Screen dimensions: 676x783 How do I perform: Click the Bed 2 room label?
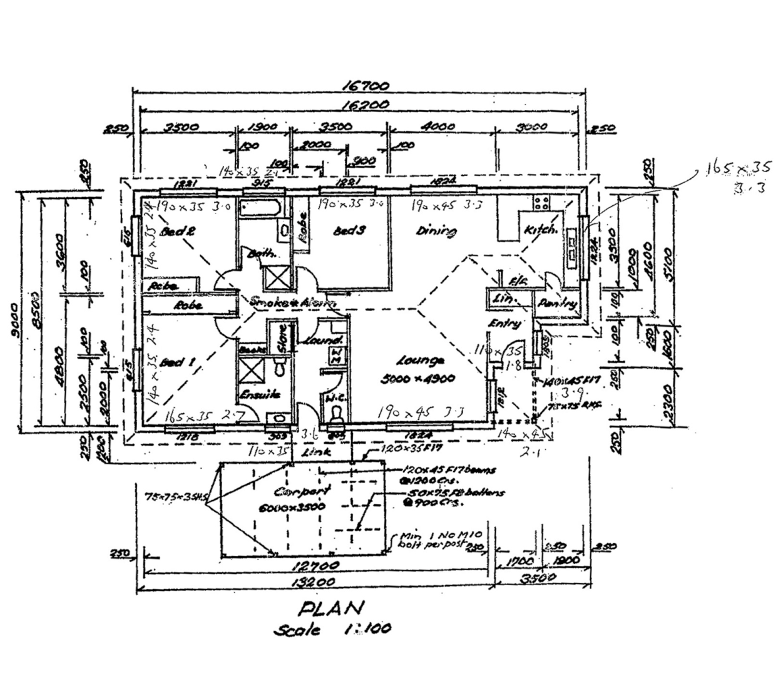(x=178, y=231)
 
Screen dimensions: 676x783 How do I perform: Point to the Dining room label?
(x=436, y=230)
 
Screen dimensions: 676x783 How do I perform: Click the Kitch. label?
(x=540, y=230)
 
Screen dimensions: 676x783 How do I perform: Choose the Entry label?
(x=504, y=323)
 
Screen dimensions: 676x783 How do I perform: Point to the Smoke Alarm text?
(x=292, y=302)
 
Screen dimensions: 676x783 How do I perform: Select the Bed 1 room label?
(x=177, y=362)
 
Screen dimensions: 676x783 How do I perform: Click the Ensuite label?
(x=260, y=395)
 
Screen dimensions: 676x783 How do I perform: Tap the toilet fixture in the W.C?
(x=336, y=414)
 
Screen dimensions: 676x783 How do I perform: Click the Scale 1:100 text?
(x=332, y=628)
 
